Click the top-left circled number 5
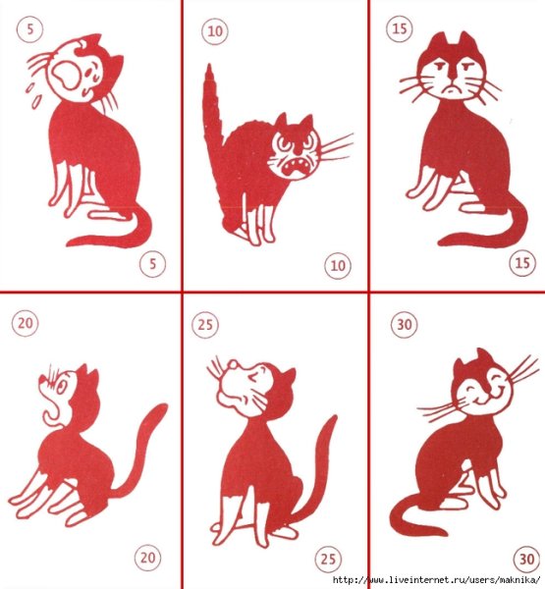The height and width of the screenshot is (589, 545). coord(29,29)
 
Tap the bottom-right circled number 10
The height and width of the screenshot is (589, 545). coord(338,266)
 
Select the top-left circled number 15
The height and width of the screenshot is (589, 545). coord(399,28)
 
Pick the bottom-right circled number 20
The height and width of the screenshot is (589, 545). coord(147,558)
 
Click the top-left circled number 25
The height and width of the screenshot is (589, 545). coord(205,325)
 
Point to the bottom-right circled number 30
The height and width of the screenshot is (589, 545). coord(526,560)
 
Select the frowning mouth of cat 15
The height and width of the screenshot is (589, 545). coord(452,90)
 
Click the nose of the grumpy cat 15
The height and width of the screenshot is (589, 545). coord(454,80)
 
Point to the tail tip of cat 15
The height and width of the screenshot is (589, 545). coord(443,241)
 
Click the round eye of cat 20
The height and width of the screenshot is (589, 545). coord(62,387)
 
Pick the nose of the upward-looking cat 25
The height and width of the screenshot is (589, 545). coord(233,363)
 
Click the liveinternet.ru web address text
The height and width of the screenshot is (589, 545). coord(437,580)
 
